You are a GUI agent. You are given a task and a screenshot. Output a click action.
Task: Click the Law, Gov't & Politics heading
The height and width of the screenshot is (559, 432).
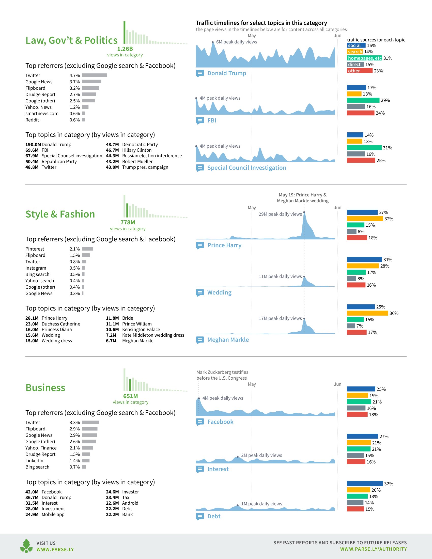[x=71, y=40]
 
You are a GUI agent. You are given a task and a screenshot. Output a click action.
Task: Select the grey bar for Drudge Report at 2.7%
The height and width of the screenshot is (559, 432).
[x=89, y=95]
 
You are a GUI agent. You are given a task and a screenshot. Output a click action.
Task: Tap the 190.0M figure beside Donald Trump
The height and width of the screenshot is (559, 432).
[x=33, y=145]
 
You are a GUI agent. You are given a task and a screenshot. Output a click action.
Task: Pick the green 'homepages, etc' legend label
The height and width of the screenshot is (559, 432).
[x=364, y=58]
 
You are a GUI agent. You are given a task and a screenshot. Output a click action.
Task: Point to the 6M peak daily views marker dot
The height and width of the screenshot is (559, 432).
[x=213, y=42]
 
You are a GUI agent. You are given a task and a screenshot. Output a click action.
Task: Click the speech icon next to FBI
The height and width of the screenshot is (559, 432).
[x=200, y=120]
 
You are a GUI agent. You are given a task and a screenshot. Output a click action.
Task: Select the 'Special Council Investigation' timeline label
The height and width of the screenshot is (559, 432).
[x=247, y=168]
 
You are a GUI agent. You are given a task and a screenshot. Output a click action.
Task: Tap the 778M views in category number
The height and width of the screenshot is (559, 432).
[x=128, y=222]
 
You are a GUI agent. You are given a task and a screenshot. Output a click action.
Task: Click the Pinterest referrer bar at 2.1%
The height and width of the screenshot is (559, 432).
[x=87, y=249]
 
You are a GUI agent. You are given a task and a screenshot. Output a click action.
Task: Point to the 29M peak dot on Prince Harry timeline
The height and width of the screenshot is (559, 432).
[x=304, y=212]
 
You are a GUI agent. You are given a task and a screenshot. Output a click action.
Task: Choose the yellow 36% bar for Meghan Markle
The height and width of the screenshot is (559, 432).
[x=367, y=313]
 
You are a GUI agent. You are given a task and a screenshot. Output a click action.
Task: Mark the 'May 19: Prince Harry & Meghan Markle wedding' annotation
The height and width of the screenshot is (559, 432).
[x=302, y=198]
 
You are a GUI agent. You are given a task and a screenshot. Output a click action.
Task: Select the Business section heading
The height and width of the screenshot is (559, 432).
[x=45, y=388]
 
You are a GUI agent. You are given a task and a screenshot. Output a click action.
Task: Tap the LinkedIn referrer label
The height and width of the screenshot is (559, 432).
[x=34, y=461]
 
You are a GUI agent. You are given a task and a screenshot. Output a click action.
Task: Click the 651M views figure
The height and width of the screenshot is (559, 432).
[x=131, y=396]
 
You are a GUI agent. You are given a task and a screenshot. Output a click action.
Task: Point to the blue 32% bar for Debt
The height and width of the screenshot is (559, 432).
[x=365, y=484]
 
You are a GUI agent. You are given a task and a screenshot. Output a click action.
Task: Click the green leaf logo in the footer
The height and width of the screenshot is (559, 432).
[x=26, y=546]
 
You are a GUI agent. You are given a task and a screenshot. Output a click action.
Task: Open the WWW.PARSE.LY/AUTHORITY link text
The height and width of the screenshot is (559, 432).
[x=373, y=549]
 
